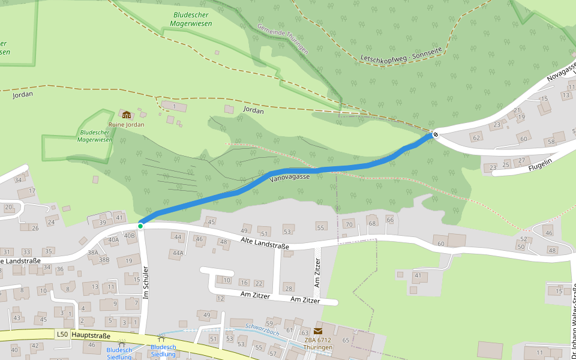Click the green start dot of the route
[140, 226]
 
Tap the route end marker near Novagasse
[436, 134]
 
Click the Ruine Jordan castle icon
[126, 115]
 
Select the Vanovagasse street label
[290, 177]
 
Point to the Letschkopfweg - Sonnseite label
[401, 55]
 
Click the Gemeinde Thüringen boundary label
[283, 39]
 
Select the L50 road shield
[62, 334]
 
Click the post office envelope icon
[317, 331]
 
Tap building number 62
[476, 138]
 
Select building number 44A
[178, 253]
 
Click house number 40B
[130, 236]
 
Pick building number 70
[349, 224]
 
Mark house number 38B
[104, 260]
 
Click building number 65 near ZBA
[346, 340]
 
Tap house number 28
[289, 288]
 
